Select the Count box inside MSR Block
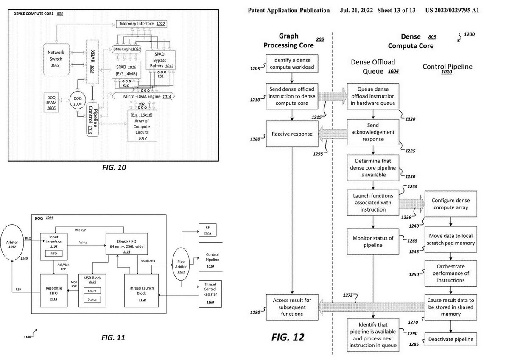[x=92, y=291]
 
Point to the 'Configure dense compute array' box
[x=449, y=204]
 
